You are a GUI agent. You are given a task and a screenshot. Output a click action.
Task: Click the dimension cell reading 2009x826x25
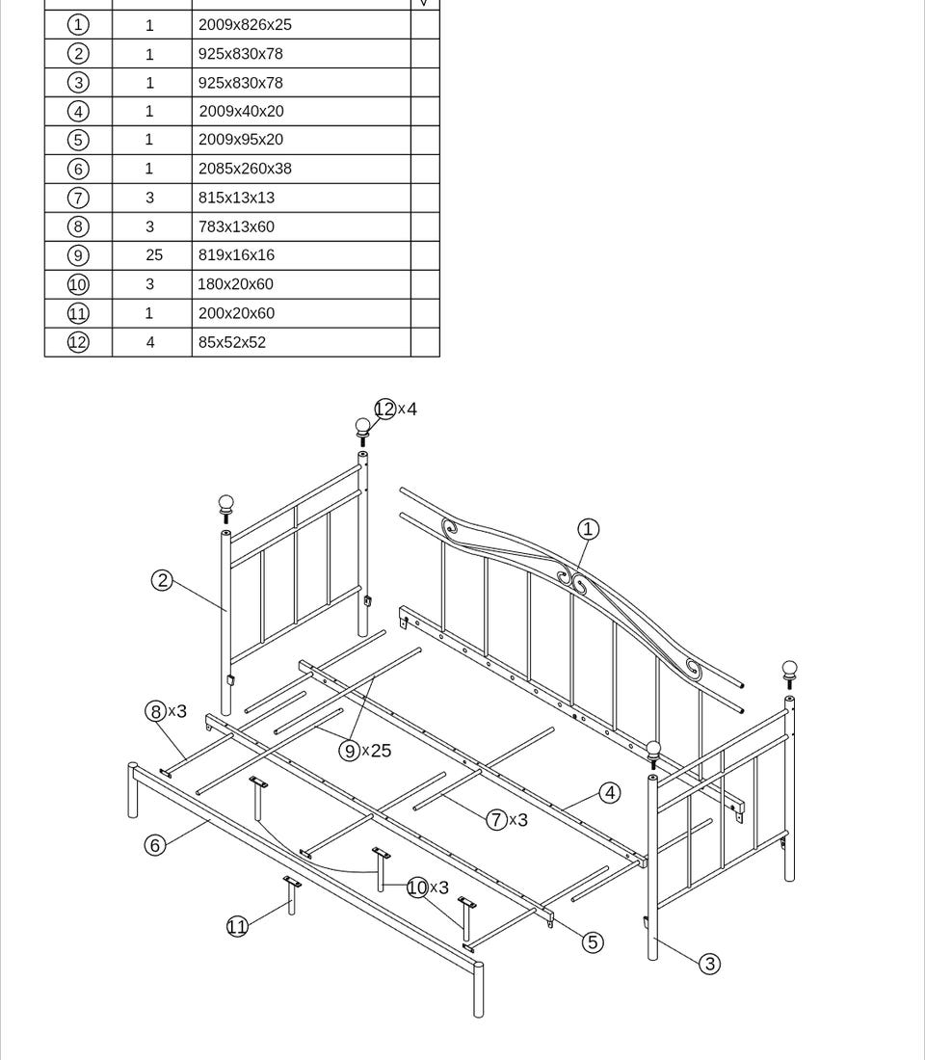point(245,25)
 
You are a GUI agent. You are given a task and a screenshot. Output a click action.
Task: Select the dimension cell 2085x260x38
point(245,169)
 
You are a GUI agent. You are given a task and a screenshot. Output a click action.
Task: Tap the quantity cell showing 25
point(154,255)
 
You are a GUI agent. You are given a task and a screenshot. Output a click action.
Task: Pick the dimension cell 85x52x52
point(232,342)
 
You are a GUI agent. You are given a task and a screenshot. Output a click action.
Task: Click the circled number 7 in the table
point(78,198)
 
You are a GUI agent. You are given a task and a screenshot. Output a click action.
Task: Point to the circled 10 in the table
point(78,284)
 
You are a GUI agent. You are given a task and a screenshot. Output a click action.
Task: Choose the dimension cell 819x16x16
point(236,255)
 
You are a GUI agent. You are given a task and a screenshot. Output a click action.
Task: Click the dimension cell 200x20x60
point(236,313)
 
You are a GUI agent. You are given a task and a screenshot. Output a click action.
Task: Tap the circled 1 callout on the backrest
point(588,529)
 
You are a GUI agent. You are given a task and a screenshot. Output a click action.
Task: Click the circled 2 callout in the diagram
point(162,580)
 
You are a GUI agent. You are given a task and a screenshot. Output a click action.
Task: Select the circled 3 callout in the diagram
point(709,964)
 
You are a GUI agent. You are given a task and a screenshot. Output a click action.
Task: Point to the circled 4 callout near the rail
point(610,793)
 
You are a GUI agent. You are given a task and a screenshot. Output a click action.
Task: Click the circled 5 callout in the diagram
point(594,942)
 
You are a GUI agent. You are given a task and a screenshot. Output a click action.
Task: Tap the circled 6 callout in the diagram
point(154,845)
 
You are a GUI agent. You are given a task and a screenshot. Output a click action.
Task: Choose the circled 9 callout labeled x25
point(349,751)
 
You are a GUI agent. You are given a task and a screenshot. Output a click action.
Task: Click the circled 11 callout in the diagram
point(237,927)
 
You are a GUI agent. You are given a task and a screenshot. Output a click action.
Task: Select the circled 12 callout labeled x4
point(384,409)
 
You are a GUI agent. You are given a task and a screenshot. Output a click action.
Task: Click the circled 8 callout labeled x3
point(155,711)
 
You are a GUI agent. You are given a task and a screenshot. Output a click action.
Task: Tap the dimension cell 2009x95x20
point(241,140)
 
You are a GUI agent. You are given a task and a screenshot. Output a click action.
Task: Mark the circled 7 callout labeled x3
point(496,820)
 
